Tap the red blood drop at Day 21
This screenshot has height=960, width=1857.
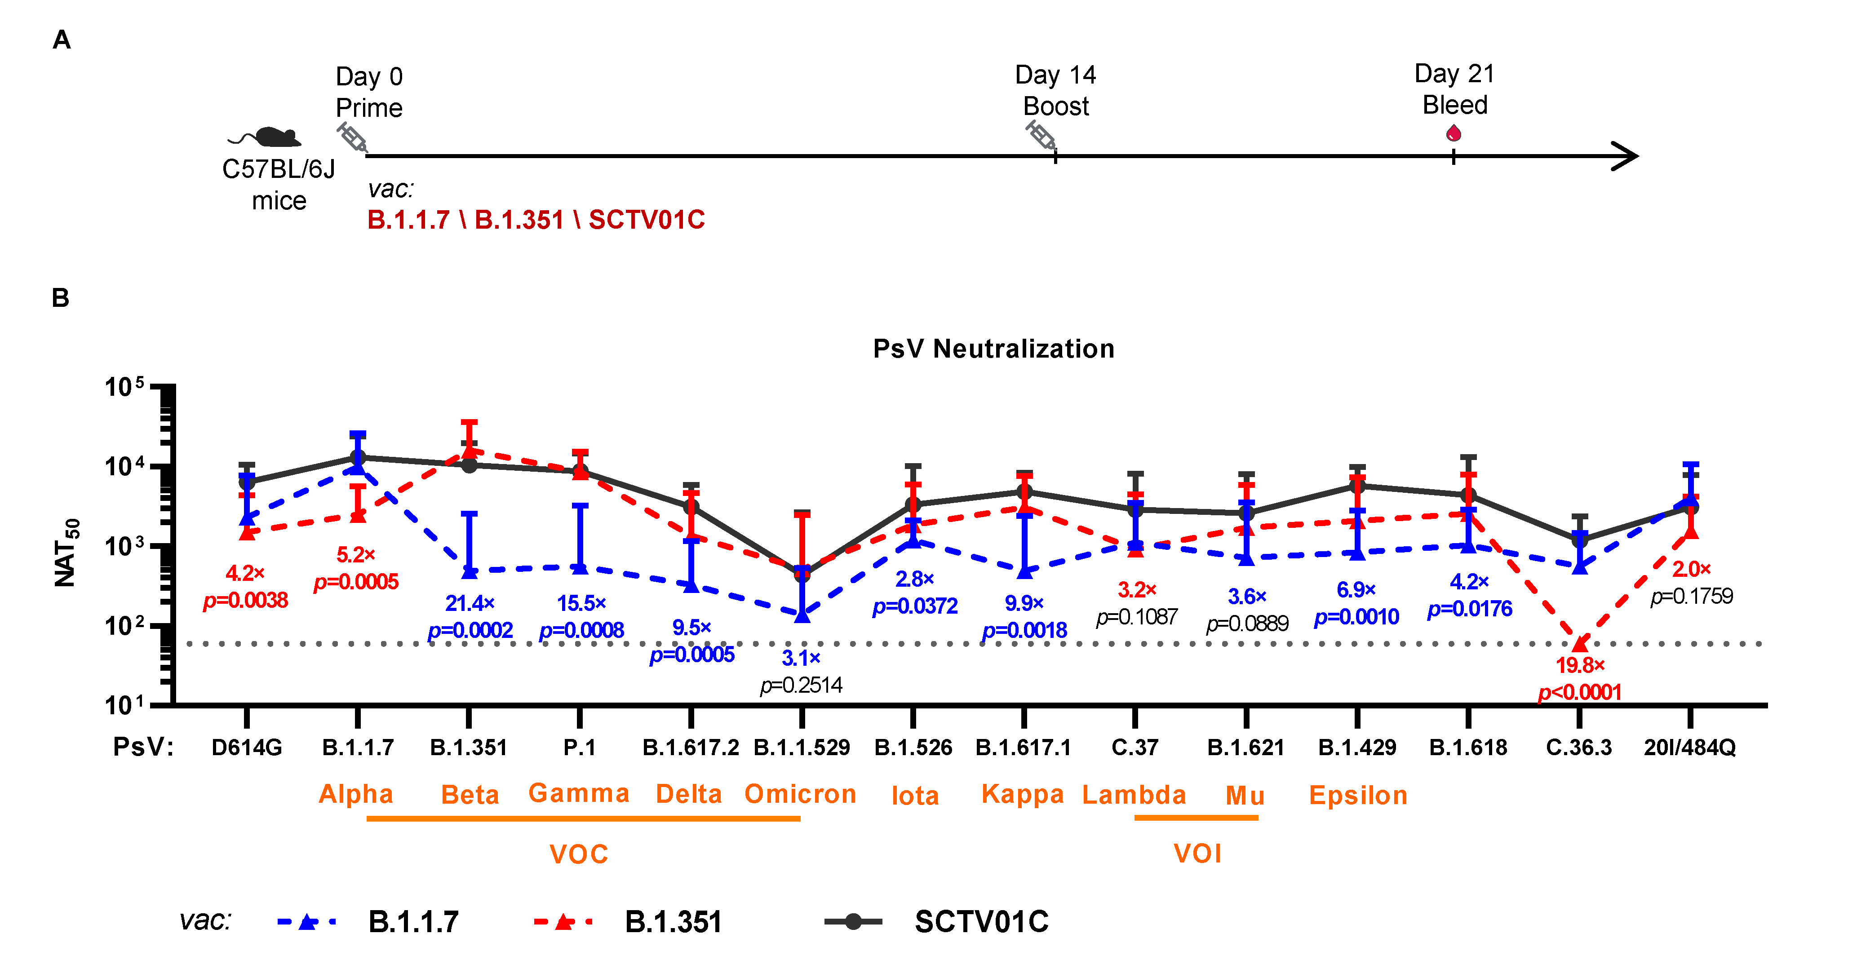tap(1454, 133)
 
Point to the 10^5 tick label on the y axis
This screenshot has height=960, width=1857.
tap(124, 387)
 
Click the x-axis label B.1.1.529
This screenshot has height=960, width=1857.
tap(801, 748)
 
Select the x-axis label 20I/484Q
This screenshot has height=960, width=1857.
tap(1689, 748)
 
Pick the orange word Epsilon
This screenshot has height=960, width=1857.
tap(1357, 795)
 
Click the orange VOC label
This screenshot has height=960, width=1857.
tap(578, 854)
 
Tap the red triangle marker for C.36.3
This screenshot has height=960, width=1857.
tap(1579, 644)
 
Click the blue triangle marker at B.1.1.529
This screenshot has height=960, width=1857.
tap(802, 615)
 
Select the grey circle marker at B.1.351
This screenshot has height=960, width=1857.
tap(469, 465)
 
